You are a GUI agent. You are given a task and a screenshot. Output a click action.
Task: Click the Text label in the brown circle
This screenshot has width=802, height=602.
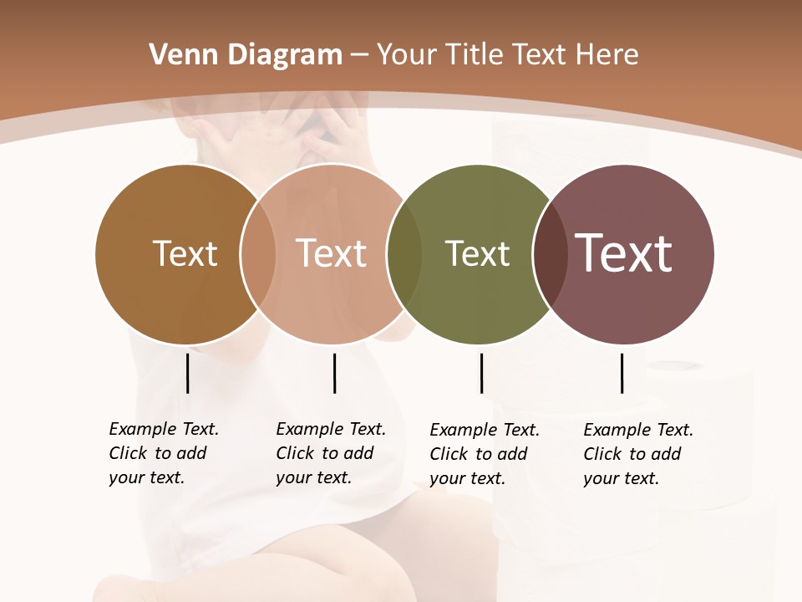[x=185, y=253]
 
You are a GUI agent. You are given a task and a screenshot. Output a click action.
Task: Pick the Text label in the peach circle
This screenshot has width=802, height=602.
[x=331, y=253]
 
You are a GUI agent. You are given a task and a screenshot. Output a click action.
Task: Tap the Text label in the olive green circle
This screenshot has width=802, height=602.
[x=477, y=253]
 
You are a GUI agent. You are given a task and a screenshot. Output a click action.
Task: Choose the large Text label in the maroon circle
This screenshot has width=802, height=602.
[x=624, y=253]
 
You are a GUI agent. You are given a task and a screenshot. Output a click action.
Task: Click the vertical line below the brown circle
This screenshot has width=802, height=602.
[x=187, y=373]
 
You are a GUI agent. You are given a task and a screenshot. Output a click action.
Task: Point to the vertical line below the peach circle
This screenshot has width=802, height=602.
[x=334, y=373]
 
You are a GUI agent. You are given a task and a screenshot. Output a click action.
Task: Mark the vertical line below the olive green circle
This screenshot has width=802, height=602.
[x=481, y=373]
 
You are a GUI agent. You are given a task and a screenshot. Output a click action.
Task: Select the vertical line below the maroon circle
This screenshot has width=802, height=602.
[x=622, y=373]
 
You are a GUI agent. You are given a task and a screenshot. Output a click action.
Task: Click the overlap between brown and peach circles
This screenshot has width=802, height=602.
[x=258, y=253]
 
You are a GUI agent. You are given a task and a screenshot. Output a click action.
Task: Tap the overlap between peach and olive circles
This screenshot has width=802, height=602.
[x=404, y=253]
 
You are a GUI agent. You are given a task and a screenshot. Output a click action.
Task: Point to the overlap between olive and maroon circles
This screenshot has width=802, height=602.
[x=550, y=253]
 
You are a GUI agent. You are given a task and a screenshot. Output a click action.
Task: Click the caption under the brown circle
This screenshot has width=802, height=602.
[x=164, y=453]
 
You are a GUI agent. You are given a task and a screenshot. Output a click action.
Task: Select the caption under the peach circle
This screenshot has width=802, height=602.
[x=331, y=453]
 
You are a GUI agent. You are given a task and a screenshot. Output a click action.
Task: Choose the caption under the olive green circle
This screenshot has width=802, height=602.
[x=485, y=454]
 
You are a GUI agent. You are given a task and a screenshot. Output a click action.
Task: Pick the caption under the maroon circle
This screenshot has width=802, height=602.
[x=638, y=454]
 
